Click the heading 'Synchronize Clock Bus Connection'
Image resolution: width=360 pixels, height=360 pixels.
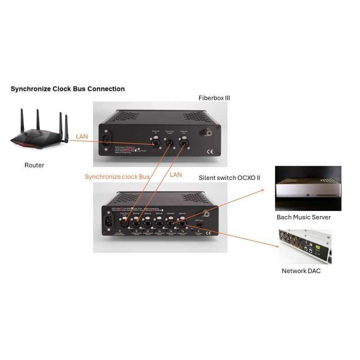click(x=67, y=89)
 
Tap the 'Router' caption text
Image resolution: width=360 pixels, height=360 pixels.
click(x=34, y=165)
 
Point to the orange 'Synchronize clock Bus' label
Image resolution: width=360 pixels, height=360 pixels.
click(x=117, y=177)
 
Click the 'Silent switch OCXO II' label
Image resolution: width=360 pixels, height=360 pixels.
click(x=229, y=178)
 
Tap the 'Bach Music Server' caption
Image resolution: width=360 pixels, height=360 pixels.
click(x=303, y=217)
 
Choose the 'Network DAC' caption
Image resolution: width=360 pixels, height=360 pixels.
click(x=301, y=271)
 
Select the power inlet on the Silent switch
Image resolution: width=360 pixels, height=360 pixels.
click(x=108, y=221)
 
